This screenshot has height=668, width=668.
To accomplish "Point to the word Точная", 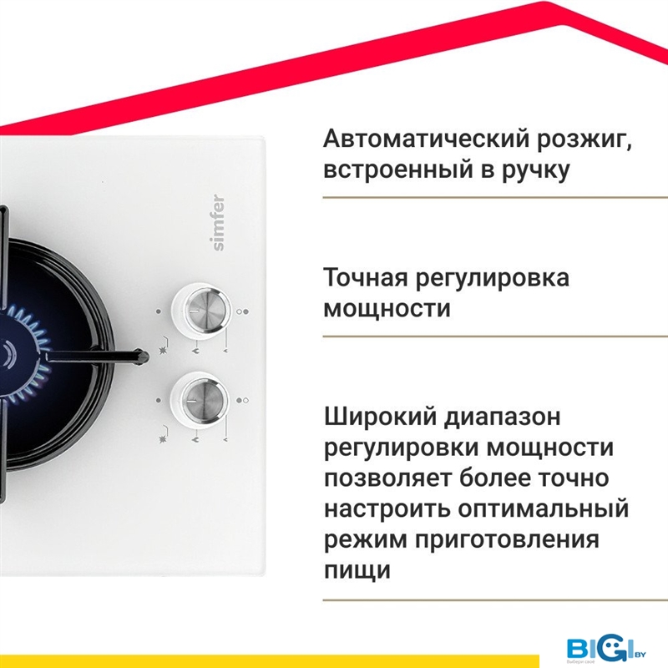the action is [x=366, y=277].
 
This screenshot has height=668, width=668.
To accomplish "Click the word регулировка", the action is [x=493, y=280].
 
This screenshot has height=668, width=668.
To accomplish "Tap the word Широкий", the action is [x=380, y=417].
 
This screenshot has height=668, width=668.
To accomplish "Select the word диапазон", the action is [x=503, y=418].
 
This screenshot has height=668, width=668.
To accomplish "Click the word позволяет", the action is [x=388, y=478].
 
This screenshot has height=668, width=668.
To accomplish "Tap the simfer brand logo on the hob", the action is [x=218, y=222].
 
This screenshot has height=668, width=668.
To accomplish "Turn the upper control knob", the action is [x=200, y=310].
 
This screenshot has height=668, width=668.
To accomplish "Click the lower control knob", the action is [x=200, y=400].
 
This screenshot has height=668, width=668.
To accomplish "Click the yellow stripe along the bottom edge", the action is [x=269, y=661].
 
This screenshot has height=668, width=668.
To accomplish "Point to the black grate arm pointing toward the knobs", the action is [x=98, y=357].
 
